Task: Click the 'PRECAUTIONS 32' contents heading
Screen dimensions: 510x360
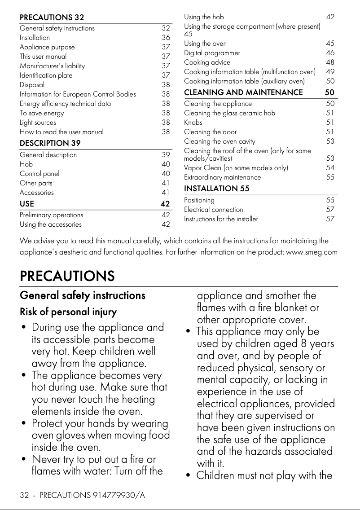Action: (52, 18)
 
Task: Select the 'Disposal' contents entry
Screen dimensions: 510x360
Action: (32, 84)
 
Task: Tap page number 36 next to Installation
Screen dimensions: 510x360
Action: (166, 38)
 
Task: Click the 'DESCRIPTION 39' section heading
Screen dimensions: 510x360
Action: (50, 143)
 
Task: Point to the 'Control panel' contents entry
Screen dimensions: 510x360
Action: (40, 173)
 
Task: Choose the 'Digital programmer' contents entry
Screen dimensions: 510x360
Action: (212, 53)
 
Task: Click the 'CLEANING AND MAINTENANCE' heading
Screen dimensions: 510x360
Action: (243, 92)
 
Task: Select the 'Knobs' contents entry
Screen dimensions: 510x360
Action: (193, 122)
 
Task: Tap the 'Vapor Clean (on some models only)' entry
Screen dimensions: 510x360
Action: (236, 168)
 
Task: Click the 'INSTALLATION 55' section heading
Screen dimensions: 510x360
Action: (216, 189)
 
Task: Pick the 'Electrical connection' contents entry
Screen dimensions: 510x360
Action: (214, 210)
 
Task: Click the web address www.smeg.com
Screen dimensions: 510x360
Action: (312, 252)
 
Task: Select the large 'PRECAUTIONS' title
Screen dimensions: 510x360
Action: (67, 276)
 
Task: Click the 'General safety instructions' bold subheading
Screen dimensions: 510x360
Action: (83, 295)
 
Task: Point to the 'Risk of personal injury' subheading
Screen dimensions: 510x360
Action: (68, 312)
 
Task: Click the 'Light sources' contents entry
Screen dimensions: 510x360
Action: (38, 122)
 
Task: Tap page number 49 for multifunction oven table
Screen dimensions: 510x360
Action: (330, 72)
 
